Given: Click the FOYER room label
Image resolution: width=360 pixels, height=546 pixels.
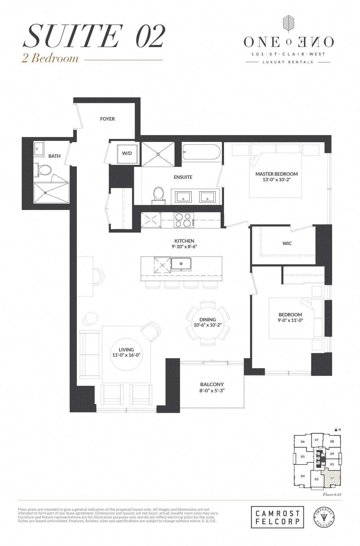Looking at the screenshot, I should [107, 119].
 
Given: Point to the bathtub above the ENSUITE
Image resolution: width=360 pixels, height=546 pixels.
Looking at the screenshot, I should [201, 152].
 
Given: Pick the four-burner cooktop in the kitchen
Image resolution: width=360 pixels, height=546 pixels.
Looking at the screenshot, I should [184, 220].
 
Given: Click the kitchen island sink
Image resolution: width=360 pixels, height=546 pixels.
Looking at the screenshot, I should [181, 264].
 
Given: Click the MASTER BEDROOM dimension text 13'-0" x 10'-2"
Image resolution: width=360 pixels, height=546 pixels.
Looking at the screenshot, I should [276, 180].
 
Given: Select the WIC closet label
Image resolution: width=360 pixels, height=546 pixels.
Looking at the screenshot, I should [287, 244].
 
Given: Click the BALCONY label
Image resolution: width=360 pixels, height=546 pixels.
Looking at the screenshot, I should [212, 384].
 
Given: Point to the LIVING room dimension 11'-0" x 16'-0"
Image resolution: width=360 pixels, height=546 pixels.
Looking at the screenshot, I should [126, 355].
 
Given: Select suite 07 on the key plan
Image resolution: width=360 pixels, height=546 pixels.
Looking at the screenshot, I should [316, 440].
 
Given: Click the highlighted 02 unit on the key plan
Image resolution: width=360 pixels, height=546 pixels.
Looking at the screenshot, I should [332, 478].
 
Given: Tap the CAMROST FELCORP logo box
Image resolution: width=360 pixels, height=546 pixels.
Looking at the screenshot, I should [277, 517].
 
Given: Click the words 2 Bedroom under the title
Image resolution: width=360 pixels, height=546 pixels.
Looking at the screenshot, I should [50, 58].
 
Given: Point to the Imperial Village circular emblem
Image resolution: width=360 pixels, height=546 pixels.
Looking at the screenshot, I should [324, 517].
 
